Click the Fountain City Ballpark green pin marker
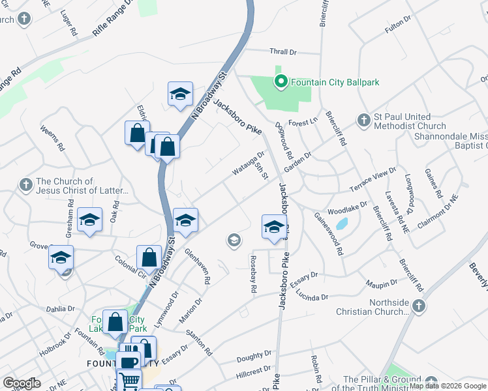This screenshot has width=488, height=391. click(281, 82)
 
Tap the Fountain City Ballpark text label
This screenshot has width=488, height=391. click(335, 83)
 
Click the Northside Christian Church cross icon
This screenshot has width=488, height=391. click(419, 306)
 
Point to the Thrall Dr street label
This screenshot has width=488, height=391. click(283, 51)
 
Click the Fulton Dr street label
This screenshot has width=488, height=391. click(398, 25)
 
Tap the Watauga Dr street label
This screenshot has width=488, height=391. click(247, 164)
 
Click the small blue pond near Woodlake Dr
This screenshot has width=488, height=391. click(341, 225)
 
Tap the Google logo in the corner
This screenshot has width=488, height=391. click(22, 383)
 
